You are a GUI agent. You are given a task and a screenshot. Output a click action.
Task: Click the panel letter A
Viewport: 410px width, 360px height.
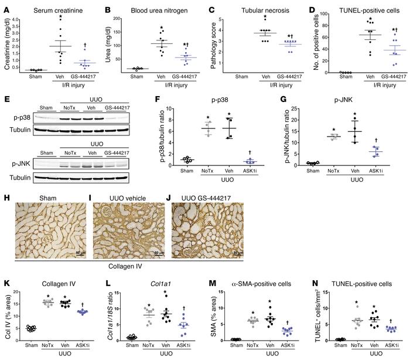pyautogui.click(x=5, y=6)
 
